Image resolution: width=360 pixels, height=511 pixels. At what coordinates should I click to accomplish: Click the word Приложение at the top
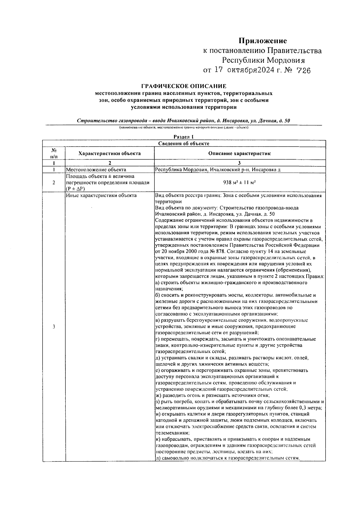click(x=262, y=41)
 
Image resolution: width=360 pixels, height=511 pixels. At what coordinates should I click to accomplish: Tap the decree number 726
click(x=303, y=71)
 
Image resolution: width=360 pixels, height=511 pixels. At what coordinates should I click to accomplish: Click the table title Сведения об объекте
click(x=184, y=143)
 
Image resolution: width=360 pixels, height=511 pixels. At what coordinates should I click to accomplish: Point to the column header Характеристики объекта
click(x=109, y=153)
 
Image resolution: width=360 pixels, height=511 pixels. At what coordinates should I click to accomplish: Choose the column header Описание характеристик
click(x=239, y=153)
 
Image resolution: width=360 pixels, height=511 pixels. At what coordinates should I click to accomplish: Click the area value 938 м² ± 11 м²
click(x=239, y=182)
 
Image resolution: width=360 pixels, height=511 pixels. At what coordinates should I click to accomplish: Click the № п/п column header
click(x=54, y=153)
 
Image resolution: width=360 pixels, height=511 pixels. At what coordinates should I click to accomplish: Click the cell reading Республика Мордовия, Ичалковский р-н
click(x=217, y=170)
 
